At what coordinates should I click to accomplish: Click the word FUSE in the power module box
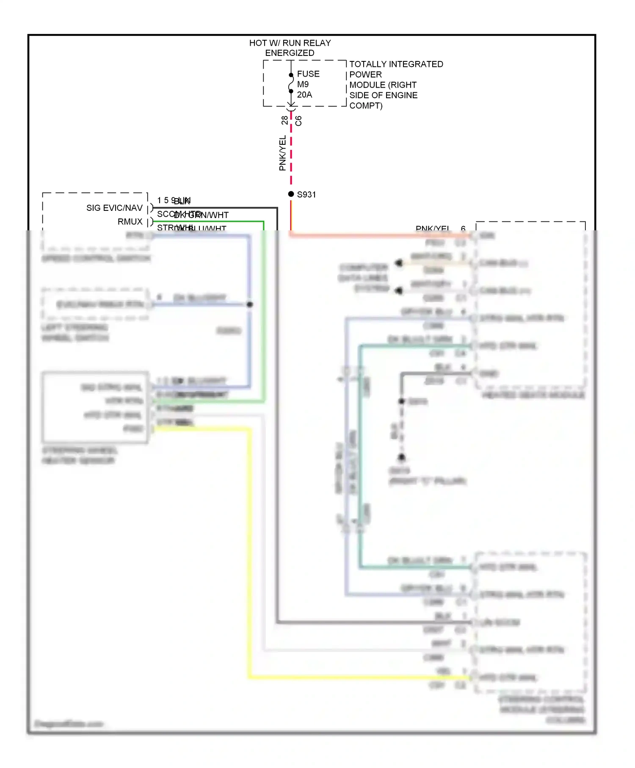308,74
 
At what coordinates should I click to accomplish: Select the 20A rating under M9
304,95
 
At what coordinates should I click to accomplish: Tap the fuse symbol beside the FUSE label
291,83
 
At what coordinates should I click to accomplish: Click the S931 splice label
306,195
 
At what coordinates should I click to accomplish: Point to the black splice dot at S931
291,194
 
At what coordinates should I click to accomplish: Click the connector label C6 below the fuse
298,121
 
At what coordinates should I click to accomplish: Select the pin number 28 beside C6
284,120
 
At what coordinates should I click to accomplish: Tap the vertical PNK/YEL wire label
282,153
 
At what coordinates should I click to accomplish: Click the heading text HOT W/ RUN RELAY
290,43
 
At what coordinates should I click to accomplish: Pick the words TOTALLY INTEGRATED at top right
396,64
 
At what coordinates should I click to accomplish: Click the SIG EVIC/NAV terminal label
114,208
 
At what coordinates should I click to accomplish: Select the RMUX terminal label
130,222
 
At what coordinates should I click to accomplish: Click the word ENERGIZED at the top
290,53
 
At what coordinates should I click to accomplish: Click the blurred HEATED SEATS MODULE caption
533,395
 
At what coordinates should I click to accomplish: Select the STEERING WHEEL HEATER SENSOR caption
79,455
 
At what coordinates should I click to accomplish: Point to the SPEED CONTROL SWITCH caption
96,258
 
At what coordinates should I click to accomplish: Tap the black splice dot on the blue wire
250,304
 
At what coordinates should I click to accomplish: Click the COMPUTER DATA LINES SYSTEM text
363,278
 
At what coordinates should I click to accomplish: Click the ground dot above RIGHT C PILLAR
402,457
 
